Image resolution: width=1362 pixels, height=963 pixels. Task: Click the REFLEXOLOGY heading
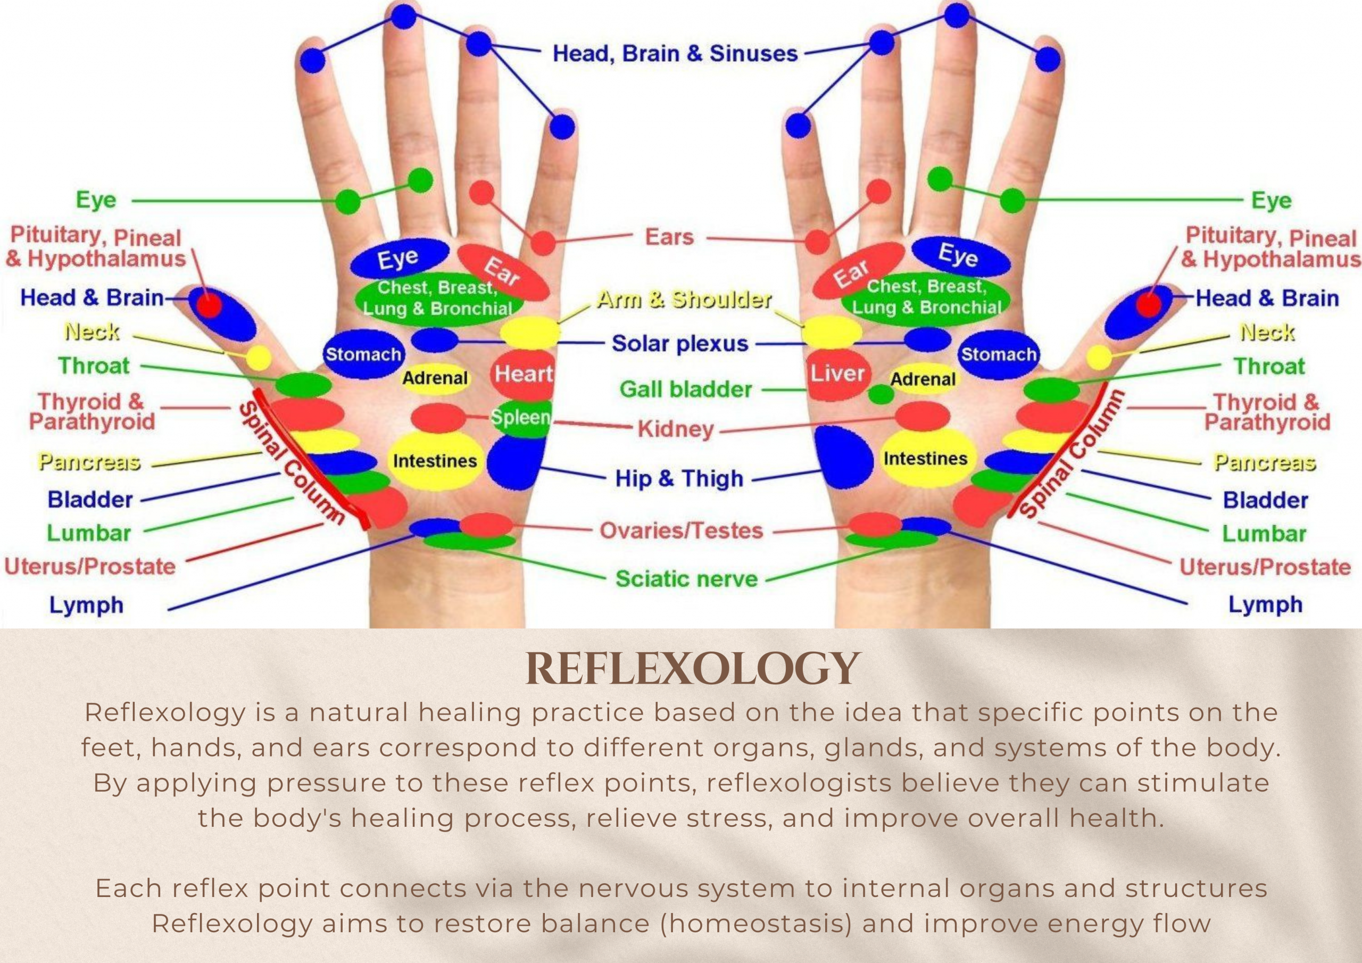pyautogui.click(x=692, y=669)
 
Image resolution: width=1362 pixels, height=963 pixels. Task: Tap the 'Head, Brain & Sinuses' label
pyautogui.click(x=675, y=53)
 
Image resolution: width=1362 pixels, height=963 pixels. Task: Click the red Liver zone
pyautogui.click(x=837, y=374)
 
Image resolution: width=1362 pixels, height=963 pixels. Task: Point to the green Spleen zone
pyautogui.click(x=521, y=418)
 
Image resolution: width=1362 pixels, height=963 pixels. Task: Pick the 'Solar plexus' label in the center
pyautogui.click(x=680, y=344)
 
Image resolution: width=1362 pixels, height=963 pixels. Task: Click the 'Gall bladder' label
pyautogui.click(x=686, y=389)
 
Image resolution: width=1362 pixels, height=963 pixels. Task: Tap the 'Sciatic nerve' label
pyautogui.click(x=686, y=578)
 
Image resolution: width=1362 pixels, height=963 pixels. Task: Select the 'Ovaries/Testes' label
pyautogui.click(x=681, y=530)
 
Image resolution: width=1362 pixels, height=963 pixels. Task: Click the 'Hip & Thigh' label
pyautogui.click(x=679, y=478)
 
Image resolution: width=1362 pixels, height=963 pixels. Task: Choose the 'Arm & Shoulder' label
pyautogui.click(x=683, y=300)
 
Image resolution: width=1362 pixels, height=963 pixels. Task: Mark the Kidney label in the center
pyautogui.click(x=676, y=428)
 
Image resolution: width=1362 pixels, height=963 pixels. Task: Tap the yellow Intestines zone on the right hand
pyautogui.click(x=925, y=459)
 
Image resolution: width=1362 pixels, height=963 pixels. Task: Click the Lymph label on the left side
pyautogui.click(x=87, y=605)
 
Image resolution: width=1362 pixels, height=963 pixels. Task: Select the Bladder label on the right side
pyautogui.click(x=1265, y=500)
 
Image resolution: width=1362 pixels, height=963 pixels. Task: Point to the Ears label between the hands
pyautogui.click(x=669, y=237)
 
